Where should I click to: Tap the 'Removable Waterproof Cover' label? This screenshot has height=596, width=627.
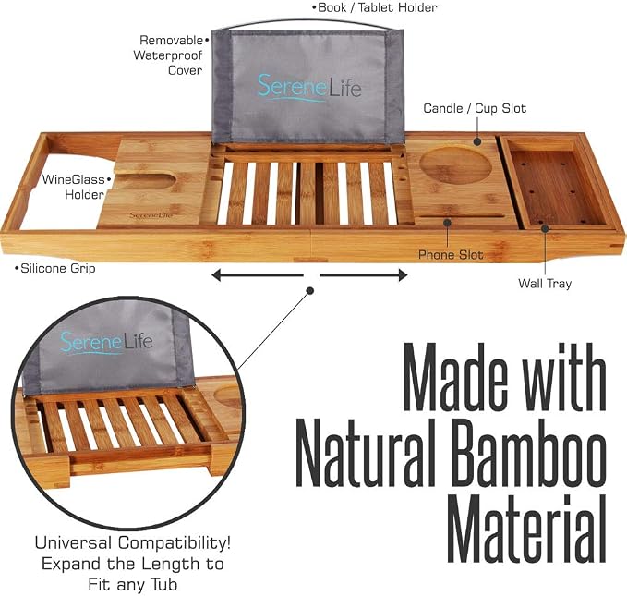point(171,55)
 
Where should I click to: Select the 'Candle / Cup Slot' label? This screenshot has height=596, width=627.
point(475,108)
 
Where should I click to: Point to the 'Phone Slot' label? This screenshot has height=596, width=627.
point(451,255)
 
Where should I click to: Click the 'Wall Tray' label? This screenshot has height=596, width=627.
point(545,284)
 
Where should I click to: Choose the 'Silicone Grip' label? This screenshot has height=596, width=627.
point(55,268)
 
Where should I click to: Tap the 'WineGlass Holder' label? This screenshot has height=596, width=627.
point(75,187)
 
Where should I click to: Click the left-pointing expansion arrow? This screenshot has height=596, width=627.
point(258,275)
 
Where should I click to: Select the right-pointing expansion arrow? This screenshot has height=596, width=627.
point(364,275)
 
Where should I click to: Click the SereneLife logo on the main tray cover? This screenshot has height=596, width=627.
point(309,87)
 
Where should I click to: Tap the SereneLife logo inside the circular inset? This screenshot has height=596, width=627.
point(106,343)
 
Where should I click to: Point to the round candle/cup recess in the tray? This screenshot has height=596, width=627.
point(455,165)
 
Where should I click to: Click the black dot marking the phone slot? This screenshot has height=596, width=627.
point(448,223)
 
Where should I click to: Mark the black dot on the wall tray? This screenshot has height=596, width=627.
point(545,228)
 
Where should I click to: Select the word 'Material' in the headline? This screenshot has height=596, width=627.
point(526,529)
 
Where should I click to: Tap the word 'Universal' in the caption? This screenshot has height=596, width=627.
point(73,543)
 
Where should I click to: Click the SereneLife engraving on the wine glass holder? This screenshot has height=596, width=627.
point(151,215)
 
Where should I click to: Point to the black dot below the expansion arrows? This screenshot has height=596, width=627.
point(309,290)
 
